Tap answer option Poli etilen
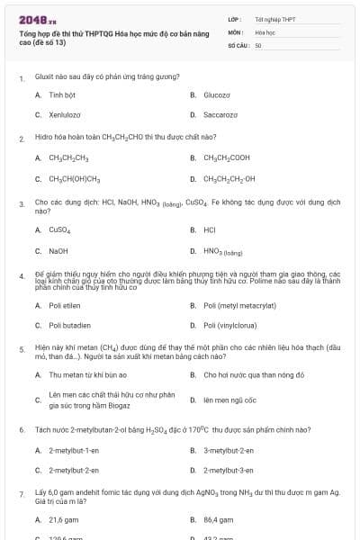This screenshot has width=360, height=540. click(x=64, y=305)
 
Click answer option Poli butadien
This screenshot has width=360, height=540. click(x=68, y=325)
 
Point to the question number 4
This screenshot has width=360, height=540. click(x=21, y=276)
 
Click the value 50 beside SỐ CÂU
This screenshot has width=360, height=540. click(x=258, y=45)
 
